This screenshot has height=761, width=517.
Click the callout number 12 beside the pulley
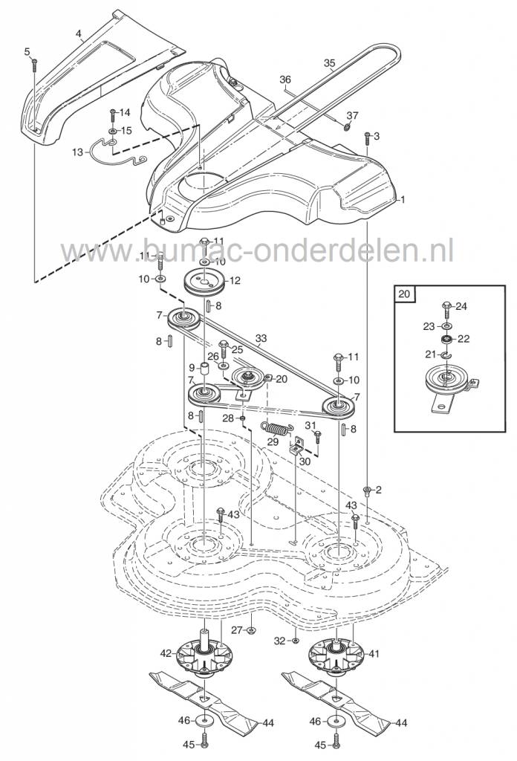tap(236, 281)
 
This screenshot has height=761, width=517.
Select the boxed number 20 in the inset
tap(404, 294)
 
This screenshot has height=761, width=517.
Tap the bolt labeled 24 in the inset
tap(447, 306)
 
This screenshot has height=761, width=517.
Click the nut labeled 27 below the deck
tap(251, 630)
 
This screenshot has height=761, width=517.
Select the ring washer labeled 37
tap(347, 125)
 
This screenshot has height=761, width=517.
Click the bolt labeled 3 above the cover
tap(366, 138)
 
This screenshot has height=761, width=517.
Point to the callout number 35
tap(330, 64)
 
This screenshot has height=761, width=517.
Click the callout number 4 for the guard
tap(79, 33)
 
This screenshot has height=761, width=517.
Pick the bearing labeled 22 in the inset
tap(447, 339)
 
